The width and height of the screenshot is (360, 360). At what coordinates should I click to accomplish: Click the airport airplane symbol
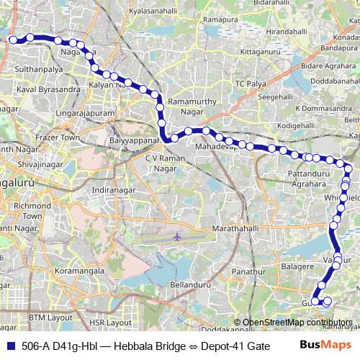click(177, 236)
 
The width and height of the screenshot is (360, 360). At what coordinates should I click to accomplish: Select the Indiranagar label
click(114, 190)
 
